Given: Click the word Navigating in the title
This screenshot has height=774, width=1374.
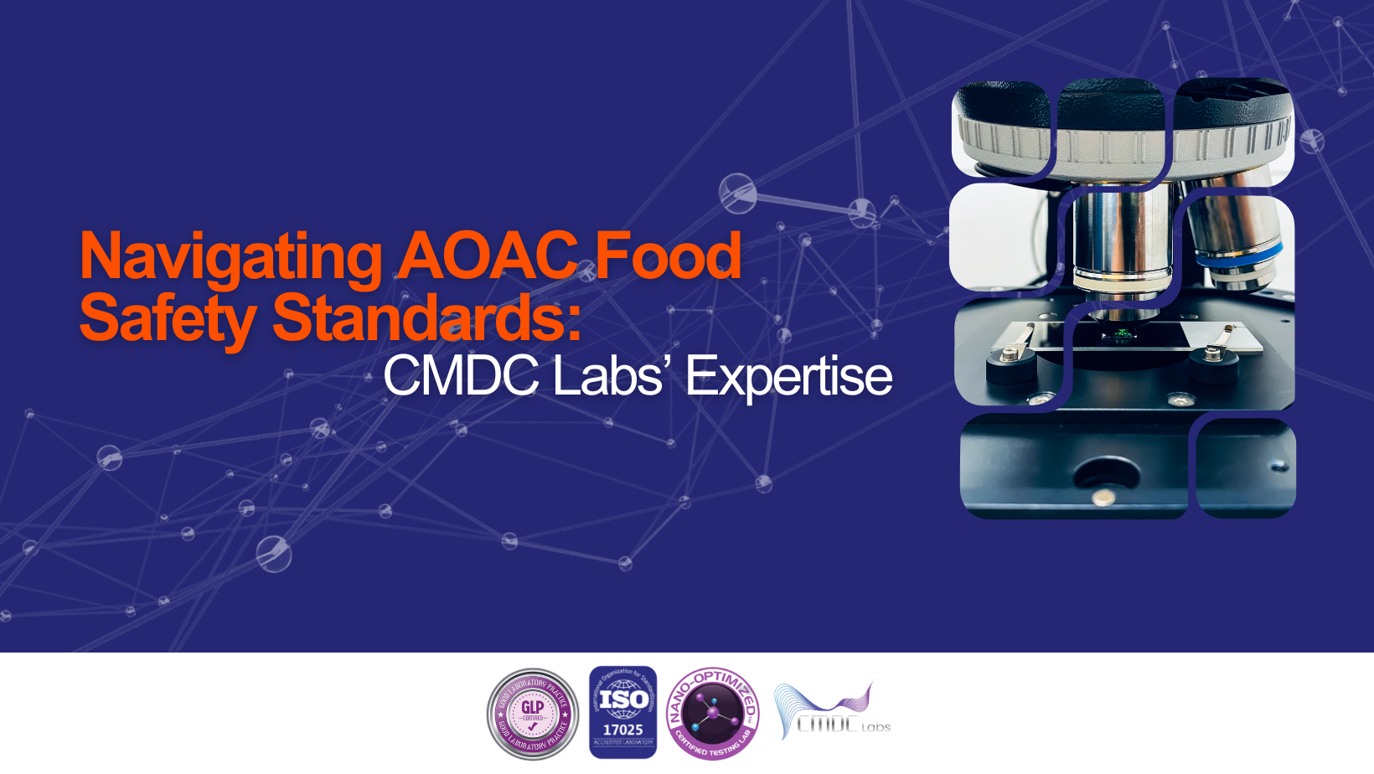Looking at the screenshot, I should coord(230,256).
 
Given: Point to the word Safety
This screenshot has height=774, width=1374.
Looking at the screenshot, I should coord(167,318).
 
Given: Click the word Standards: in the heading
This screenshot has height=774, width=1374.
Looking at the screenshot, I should coord(426,317).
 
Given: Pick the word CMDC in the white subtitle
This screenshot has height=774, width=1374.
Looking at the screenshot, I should coord(462,375).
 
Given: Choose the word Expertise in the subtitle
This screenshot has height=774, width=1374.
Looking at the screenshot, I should coord(788,376).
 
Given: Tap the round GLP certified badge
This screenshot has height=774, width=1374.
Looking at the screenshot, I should coord(533,714).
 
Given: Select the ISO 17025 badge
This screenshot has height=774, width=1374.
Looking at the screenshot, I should coord(622,712).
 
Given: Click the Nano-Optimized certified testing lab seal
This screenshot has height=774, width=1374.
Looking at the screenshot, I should coord(712,714).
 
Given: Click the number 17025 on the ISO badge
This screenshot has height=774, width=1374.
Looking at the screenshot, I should coord(622,730).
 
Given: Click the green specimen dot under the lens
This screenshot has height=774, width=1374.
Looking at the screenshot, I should coord(1121,337).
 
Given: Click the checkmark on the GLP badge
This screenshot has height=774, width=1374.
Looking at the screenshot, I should coord(533,727).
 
